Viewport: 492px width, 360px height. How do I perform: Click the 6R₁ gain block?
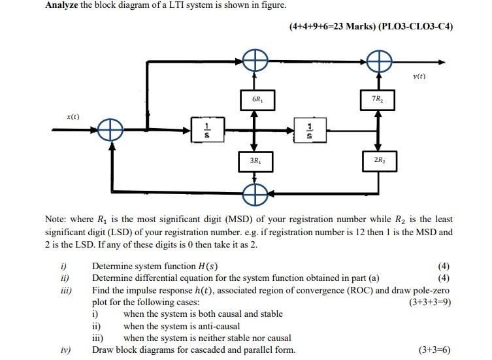pyautogui.click(x=257, y=99)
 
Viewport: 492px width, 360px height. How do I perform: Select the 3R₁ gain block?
pyautogui.click(x=257, y=161)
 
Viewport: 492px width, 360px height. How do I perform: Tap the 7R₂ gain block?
pyautogui.click(x=377, y=99)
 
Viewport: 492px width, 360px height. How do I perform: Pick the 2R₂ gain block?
pyautogui.click(x=377, y=161)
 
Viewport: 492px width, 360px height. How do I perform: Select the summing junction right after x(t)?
pyautogui.click(x=112, y=129)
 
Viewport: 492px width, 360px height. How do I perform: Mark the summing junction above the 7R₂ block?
pyautogui.click(x=378, y=63)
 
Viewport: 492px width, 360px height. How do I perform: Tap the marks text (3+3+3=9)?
pyautogui.click(x=429, y=303)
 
